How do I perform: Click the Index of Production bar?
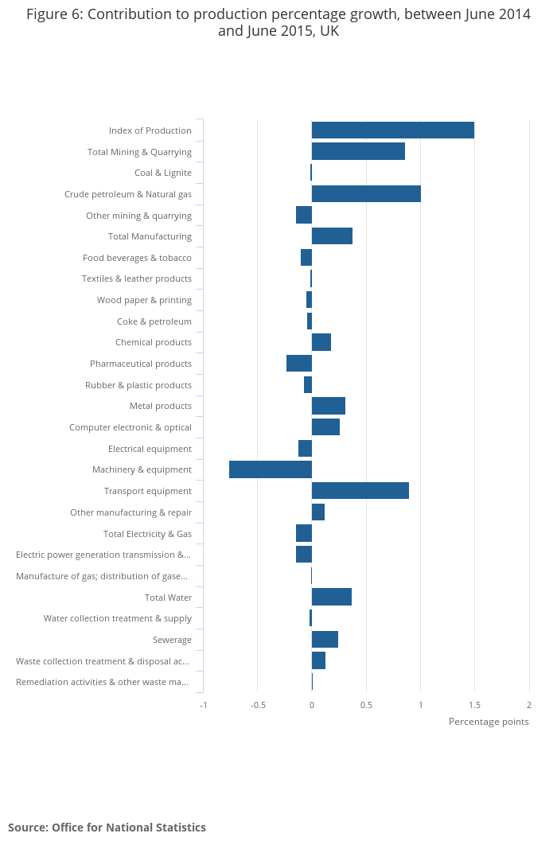tap(393, 130)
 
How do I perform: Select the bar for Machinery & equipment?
tap(271, 469)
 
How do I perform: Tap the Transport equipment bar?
tap(360, 491)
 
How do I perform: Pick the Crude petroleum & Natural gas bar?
tap(366, 194)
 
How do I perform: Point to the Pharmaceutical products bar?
tap(299, 364)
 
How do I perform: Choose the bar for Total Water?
tap(332, 597)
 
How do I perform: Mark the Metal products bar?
tap(329, 406)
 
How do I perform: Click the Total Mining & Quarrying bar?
tap(358, 151)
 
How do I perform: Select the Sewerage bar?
tap(325, 640)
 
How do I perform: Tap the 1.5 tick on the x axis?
tap(474, 705)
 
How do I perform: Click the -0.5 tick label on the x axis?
tap(257, 705)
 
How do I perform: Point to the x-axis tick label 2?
tap(529, 705)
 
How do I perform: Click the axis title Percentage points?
tap(489, 722)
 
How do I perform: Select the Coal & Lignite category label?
tap(163, 173)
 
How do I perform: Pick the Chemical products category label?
tap(154, 342)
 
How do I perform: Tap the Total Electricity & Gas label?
tap(147, 534)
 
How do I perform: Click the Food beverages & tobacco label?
tap(137, 258)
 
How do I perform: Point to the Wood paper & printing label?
tap(144, 300)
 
